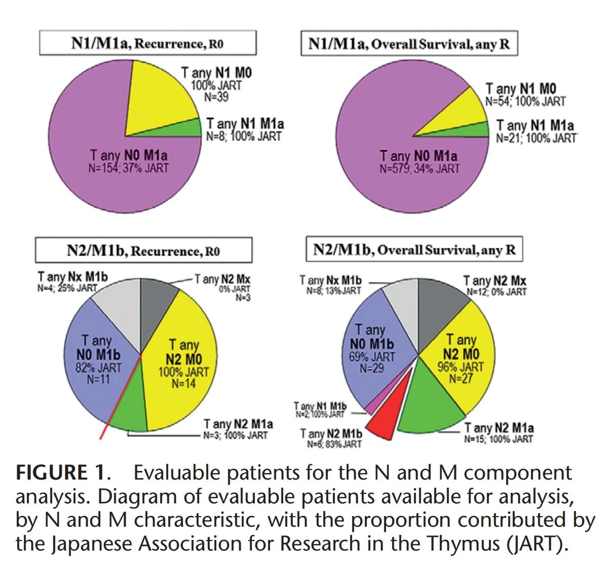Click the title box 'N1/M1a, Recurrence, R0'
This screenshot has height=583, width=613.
(x=147, y=43)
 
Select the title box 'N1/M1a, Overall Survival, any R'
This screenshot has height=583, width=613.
(x=409, y=44)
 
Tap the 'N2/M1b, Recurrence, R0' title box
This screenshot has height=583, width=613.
(x=143, y=251)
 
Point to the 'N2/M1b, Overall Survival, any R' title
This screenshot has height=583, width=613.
(x=414, y=249)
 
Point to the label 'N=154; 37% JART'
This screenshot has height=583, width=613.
(x=128, y=168)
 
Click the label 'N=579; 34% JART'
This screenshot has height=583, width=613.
(x=419, y=168)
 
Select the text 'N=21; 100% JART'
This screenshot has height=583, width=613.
(x=536, y=138)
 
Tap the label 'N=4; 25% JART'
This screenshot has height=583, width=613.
(x=67, y=288)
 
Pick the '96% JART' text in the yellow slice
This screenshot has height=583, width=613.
(x=461, y=366)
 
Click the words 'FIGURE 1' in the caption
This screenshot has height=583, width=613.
(x=61, y=473)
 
